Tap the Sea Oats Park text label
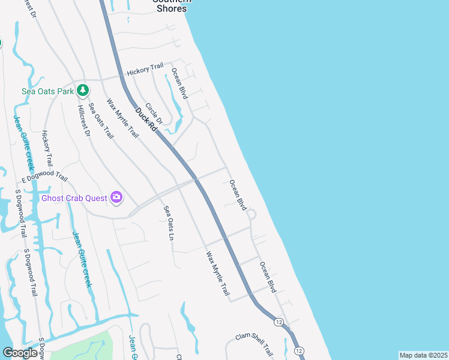pos(47,91)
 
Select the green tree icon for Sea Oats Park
pos(83,91)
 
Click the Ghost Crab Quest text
pos(74,197)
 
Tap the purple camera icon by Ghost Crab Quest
pos(116,197)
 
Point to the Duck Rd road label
pos(146,119)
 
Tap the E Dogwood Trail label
pos(44,176)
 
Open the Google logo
pos(20,353)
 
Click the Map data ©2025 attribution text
pos(423,355)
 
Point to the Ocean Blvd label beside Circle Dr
pos(179,83)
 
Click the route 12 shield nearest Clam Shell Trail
pos(279,322)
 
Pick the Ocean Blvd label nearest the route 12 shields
pos(268,277)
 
